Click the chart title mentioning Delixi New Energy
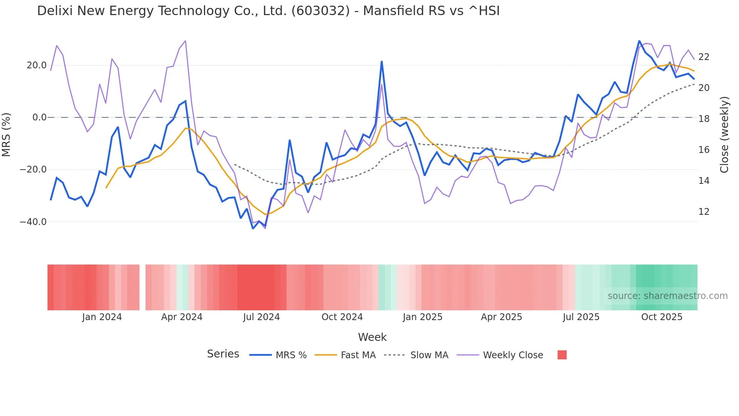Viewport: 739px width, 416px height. [x=268, y=11]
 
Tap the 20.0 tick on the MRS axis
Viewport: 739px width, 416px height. [x=37, y=65]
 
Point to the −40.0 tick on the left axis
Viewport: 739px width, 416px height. [x=33, y=222]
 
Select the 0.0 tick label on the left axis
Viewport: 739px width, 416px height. [x=40, y=117]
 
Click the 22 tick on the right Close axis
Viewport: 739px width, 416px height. [x=704, y=57]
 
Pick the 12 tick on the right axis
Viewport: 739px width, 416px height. [x=704, y=212]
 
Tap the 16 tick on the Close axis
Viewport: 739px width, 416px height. [x=704, y=150]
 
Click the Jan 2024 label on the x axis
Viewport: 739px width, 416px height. [x=102, y=317]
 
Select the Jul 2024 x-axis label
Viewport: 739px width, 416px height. [x=261, y=317]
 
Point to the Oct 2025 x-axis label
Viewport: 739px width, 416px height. [x=662, y=317]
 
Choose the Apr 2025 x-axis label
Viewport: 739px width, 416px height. [x=501, y=317]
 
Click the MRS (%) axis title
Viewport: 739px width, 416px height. [x=6, y=134]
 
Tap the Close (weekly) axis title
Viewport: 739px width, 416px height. [x=724, y=135]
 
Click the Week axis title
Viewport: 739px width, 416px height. [x=372, y=337]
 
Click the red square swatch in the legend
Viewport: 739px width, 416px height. [x=562, y=355]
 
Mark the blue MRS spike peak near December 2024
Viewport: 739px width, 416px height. [x=382, y=62]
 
